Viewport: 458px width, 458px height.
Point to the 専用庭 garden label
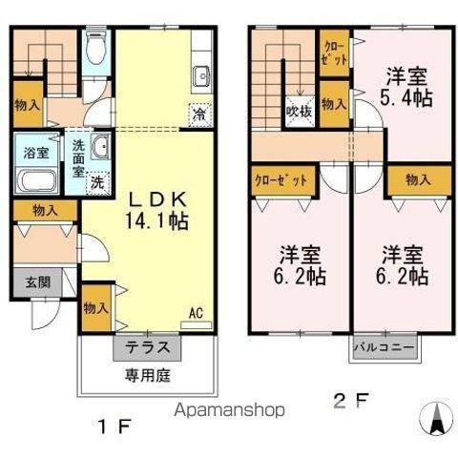tap(148, 375)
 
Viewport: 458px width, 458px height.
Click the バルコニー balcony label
tap(385, 347)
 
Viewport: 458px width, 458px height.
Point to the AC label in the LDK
tap(194, 312)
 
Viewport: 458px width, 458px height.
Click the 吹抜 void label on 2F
tap(299, 112)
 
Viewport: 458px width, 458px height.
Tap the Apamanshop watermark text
tap(230, 411)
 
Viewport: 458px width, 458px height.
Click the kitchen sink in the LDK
tap(201, 75)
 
